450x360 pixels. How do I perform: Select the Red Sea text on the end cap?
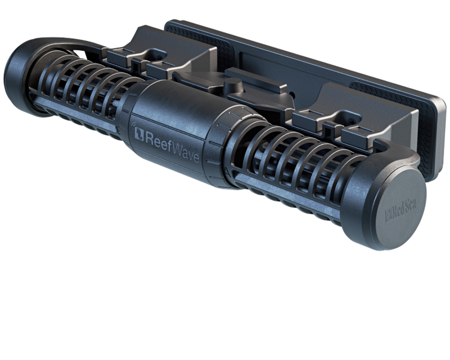click(x=401, y=211)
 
